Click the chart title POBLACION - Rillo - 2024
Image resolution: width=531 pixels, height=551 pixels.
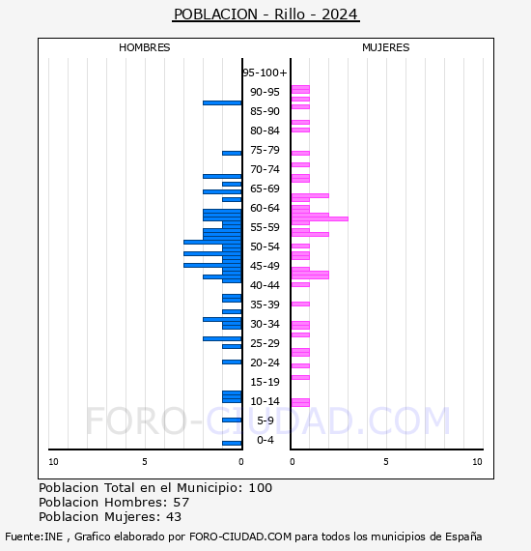click(x=265, y=14)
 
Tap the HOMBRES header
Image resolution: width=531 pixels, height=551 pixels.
click(x=145, y=47)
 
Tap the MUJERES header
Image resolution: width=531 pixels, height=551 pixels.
click(x=385, y=47)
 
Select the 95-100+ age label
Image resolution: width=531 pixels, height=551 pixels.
click(x=265, y=72)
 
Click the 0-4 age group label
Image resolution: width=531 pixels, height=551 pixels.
click(x=265, y=440)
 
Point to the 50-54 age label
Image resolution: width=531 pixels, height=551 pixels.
click(x=265, y=246)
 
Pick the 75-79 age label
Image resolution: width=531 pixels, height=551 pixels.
click(x=265, y=150)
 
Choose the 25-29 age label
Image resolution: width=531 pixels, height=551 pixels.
click(x=265, y=343)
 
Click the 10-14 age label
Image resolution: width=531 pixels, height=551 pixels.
click(x=265, y=401)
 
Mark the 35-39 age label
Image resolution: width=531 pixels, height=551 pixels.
click(x=265, y=304)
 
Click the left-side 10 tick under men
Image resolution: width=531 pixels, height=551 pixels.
click(x=53, y=462)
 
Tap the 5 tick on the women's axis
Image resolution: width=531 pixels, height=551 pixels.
click(x=385, y=462)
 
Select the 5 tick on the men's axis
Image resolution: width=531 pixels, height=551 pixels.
click(x=145, y=462)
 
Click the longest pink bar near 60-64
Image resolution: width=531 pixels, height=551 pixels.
click(x=320, y=218)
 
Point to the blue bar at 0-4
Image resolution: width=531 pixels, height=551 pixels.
click(x=232, y=443)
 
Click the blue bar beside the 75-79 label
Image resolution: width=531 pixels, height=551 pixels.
click(x=232, y=153)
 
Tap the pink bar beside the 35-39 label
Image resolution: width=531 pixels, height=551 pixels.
click(x=300, y=304)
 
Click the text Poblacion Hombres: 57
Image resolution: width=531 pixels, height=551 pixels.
click(x=114, y=503)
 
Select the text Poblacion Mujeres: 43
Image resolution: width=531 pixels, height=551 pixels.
click(x=114, y=517)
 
